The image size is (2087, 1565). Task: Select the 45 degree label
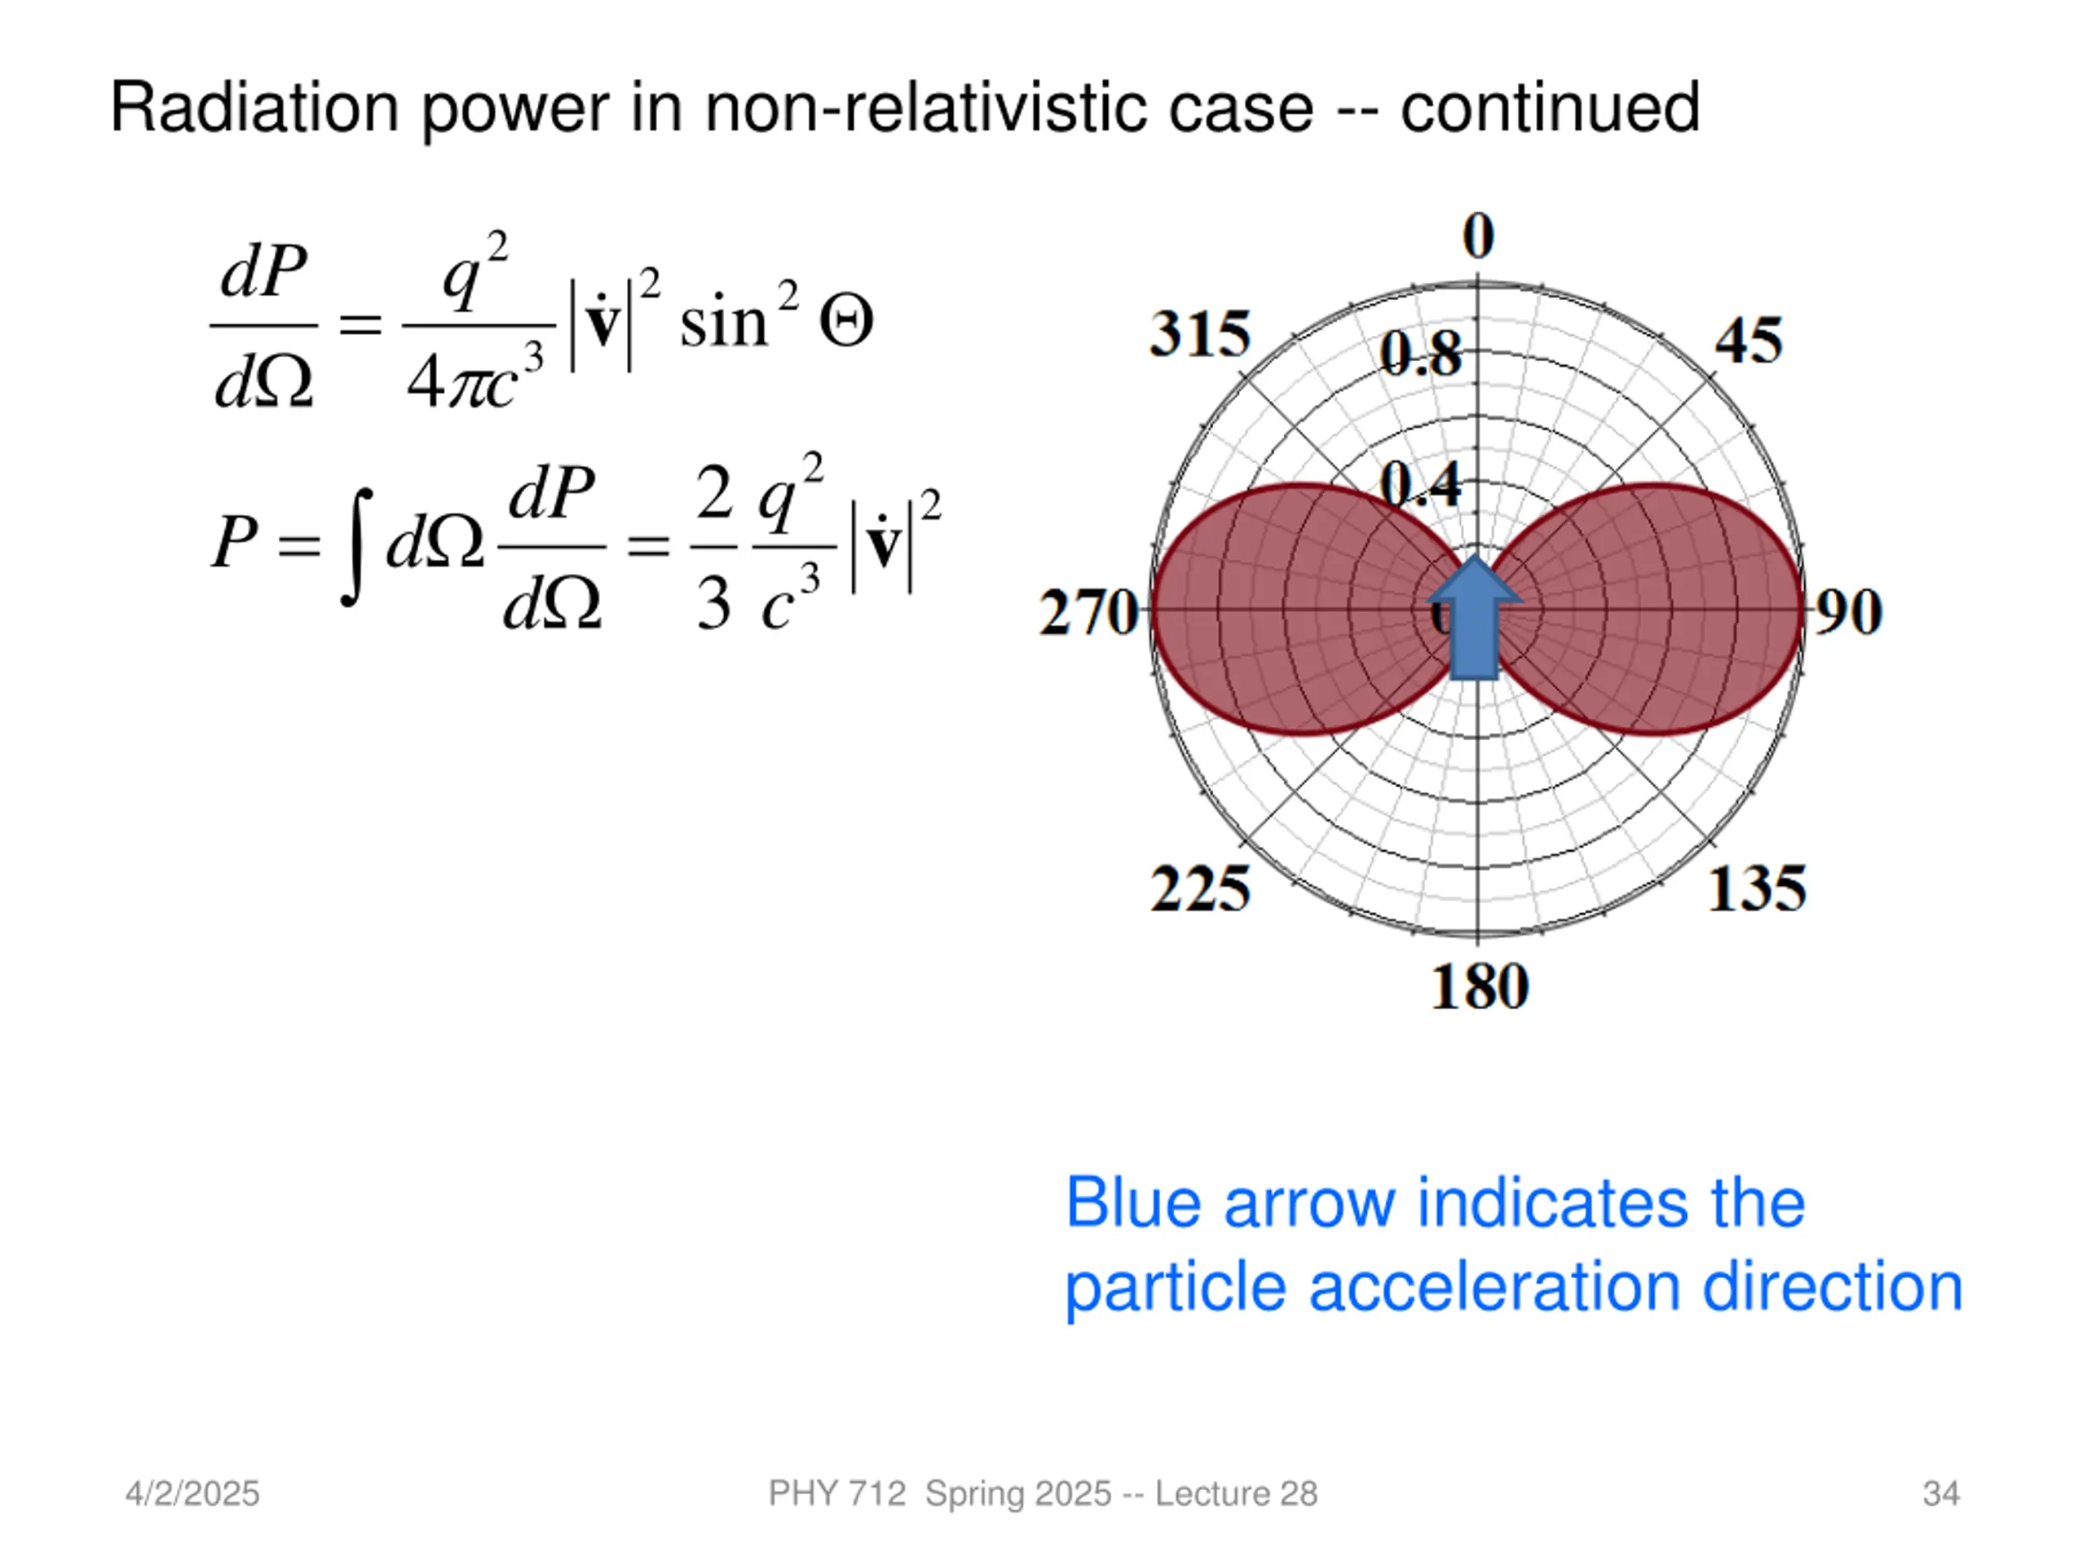(1749, 341)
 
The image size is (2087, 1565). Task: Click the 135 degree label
(1757, 888)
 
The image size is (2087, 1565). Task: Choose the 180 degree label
(1480, 988)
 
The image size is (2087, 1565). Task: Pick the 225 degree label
(1200, 888)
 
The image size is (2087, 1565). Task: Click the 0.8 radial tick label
(1420, 355)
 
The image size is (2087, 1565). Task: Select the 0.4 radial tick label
(1420, 486)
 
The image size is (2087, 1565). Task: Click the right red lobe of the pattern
(1661, 608)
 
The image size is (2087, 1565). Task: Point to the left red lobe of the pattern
(1293, 608)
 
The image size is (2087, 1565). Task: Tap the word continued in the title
(1549, 108)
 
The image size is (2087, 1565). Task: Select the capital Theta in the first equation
(845, 323)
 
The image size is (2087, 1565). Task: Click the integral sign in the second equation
(355, 546)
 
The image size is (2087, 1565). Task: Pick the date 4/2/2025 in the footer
(192, 1493)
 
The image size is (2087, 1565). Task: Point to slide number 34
(1941, 1493)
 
